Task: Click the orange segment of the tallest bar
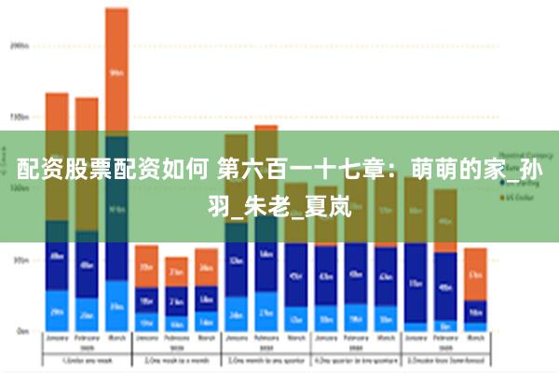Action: tap(116, 71)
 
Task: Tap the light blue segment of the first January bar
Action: tap(57, 311)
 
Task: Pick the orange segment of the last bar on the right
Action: tap(475, 274)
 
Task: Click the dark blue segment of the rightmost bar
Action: tap(475, 312)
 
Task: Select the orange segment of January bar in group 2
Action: tap(146, 266)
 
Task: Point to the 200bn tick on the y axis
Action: tap(20, 44)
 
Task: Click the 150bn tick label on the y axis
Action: tap(20, 117)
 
